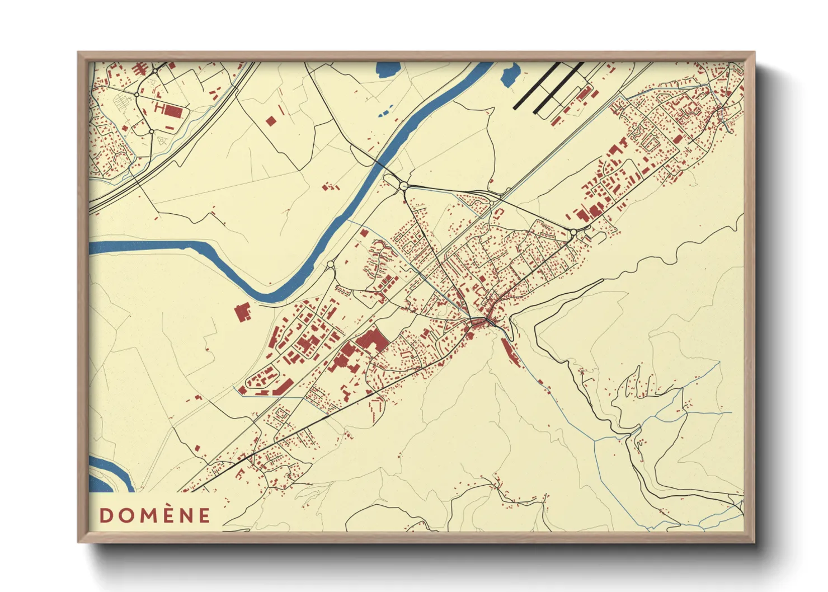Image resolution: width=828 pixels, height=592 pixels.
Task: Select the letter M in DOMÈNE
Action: pyautogui.click(x=147, y=515)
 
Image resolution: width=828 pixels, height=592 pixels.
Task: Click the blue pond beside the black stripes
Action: pyautogui.click(x=510, y=75)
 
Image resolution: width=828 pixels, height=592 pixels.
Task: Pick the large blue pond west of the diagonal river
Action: pyautogui.click(x=387, y=69)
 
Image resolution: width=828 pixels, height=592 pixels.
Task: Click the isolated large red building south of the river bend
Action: pyautogui.click(x=243, y=312)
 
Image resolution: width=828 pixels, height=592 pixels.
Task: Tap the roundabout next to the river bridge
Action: pyautogui.click(x=404, y=186)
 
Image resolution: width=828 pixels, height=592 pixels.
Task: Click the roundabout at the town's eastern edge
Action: pyautogui.click(x=573, y=232)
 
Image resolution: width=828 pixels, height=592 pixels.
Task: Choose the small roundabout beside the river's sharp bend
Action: pyautogui.click(x=330, y=264)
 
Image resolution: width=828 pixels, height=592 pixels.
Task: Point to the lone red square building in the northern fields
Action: pyautogui.click(x=271, y=120)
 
